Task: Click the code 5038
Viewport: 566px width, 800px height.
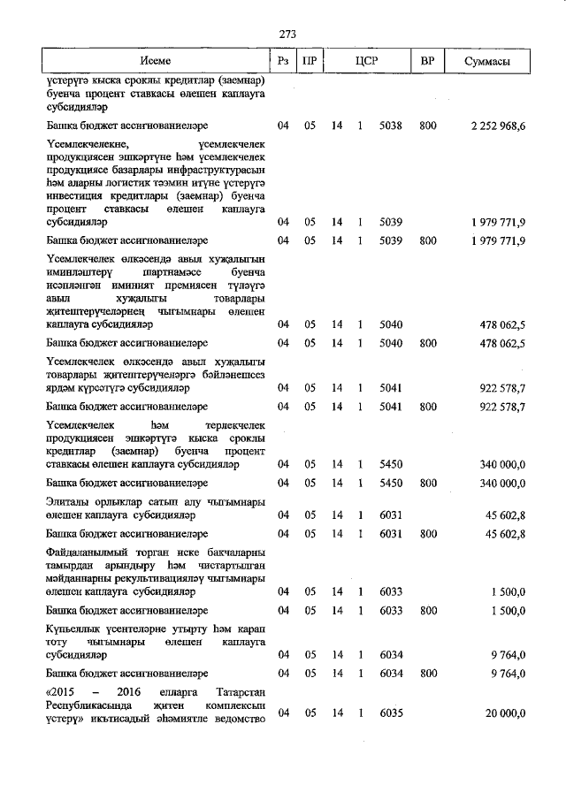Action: coord(390,126)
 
